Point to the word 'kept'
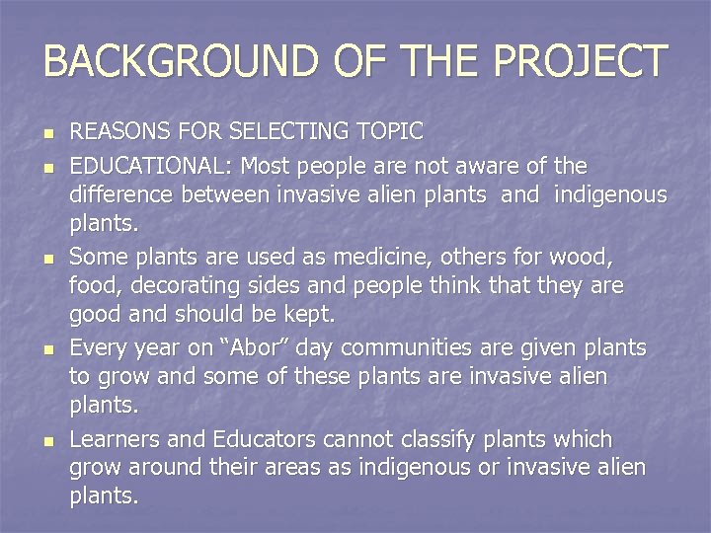306,315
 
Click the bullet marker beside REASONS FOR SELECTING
47,133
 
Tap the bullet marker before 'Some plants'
47,260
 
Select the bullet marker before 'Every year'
47,349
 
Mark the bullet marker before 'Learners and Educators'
47,440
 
